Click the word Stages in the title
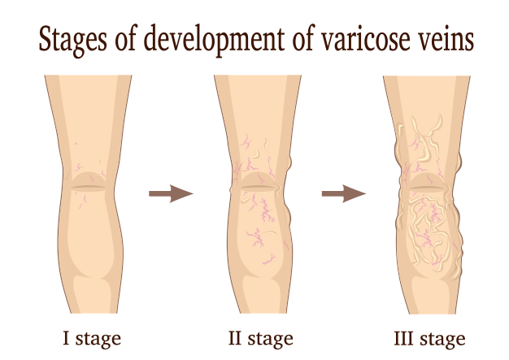pos(72,41)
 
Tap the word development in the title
pos(214,40)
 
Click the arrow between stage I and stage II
pos(171,193)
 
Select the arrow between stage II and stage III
pos(344,193)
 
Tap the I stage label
pos(92,339)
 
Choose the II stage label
pos(261,339)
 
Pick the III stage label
pos(430,339)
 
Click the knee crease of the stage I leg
pos(89,188)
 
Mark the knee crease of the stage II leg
pos(258,188)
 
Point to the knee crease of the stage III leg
pos(427,188)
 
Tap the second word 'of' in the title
pos(303,39)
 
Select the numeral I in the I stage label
pos(66,337)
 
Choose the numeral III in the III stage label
pos(403,337)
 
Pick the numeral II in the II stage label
pos(235,337)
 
